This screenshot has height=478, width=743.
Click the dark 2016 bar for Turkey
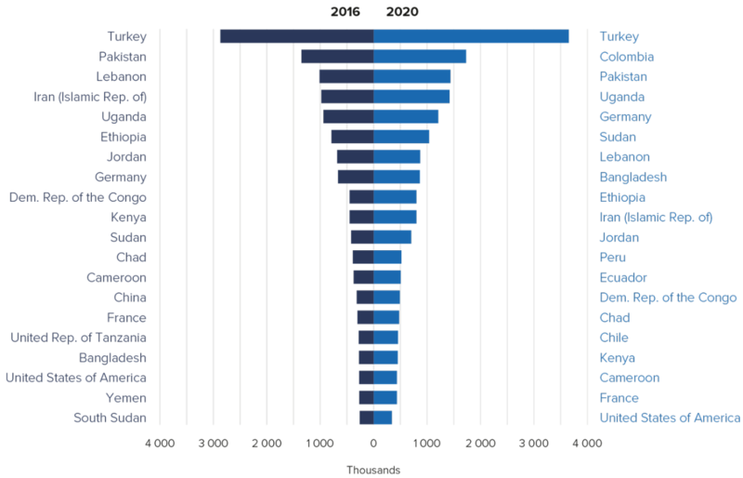click(296, 36)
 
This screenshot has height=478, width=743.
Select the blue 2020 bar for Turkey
click(471, 36)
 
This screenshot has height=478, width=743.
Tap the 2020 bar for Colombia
click(420, 57)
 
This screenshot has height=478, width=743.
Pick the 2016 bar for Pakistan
click(337, 57)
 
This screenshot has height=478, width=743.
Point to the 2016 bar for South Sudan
click(367, 418)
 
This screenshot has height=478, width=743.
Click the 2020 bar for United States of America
click(383, 418)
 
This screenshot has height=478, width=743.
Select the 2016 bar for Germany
click(356, 177)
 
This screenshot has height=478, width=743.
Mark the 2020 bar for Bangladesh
click(397, 177)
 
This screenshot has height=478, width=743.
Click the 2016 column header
click(345, 12)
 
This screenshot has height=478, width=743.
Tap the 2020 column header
click(402, 12)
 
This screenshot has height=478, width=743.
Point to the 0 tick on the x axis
click(373, 444)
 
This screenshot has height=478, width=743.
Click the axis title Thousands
click(373, 470)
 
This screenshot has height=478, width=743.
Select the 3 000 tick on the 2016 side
click(213, 444)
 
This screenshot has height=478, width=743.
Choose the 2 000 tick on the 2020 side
click(480, 444)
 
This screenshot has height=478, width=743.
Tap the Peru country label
click(612, 258)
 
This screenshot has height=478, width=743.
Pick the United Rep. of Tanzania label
click(78, 338)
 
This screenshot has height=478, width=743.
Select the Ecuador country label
click(623, 277)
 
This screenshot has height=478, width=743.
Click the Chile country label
click(614, 338)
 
